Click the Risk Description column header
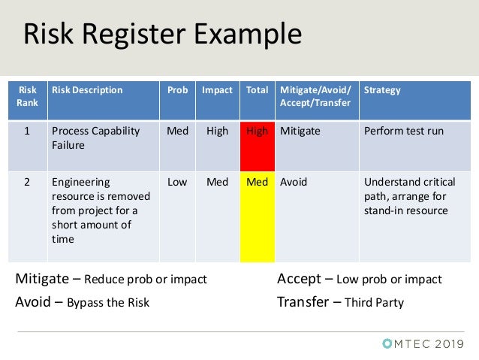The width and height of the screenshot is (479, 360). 86,90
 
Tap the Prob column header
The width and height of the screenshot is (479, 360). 177,90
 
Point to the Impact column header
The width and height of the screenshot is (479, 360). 217,90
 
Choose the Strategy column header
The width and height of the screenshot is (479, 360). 382,90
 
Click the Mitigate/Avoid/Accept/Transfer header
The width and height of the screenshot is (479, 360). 315,96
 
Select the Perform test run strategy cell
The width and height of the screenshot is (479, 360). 403,132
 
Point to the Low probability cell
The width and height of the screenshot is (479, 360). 177,182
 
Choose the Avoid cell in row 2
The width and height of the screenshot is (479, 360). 294,182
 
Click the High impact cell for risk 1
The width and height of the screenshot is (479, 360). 217,132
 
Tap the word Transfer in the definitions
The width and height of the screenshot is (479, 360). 303,303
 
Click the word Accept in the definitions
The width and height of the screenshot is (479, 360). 299,280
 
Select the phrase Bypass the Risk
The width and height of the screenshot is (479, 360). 108,304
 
